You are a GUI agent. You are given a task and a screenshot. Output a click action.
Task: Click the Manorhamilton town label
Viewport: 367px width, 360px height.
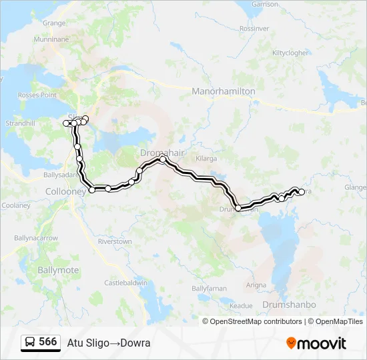point(224,91)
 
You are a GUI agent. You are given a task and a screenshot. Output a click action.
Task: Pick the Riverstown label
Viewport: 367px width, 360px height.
point(115,241)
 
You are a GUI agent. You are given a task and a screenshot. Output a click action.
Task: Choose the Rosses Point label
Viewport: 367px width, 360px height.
point(37,95)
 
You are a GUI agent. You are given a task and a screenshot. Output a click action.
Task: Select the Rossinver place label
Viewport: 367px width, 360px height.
point(254,29)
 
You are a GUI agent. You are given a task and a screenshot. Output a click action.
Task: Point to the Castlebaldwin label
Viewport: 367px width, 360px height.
point(125,283)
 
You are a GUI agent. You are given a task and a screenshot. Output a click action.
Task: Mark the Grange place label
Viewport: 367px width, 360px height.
point(54,23)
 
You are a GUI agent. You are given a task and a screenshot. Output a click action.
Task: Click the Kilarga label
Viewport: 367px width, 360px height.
point(207,159)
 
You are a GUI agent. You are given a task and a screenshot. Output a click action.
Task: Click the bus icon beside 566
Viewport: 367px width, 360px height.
point(31,343)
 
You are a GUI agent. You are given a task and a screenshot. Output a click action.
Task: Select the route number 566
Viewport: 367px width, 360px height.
point(48,342)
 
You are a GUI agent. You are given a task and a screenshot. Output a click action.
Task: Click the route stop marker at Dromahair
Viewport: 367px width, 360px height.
point(162,159)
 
